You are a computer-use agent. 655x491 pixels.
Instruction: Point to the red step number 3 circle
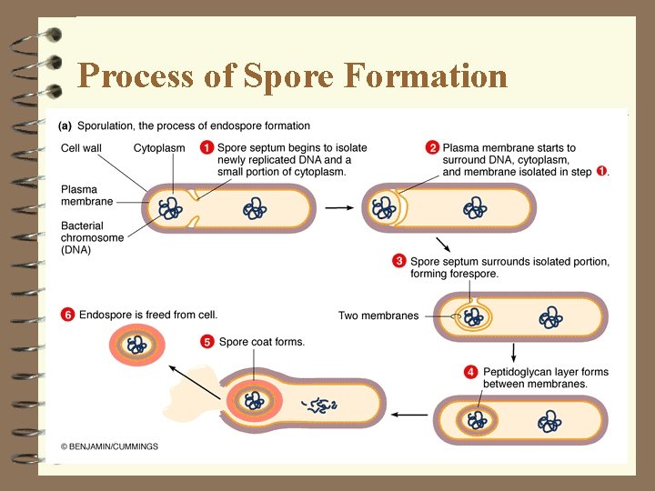pos(398,261)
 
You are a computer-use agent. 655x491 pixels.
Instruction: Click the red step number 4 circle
pos(470,372)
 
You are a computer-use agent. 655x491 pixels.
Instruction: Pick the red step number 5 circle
pos(207,342)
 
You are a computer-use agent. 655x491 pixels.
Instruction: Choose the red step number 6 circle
pos(67,315)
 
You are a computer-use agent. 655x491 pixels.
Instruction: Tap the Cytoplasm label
pos(159,147)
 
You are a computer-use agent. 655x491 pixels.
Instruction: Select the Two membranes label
pos(378,316)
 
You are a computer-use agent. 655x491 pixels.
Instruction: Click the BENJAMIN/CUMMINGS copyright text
pos(110,446)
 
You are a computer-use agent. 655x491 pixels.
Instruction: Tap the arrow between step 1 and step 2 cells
pos(339,207)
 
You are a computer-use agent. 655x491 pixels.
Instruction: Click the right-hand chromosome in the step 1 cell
pos(256,210)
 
